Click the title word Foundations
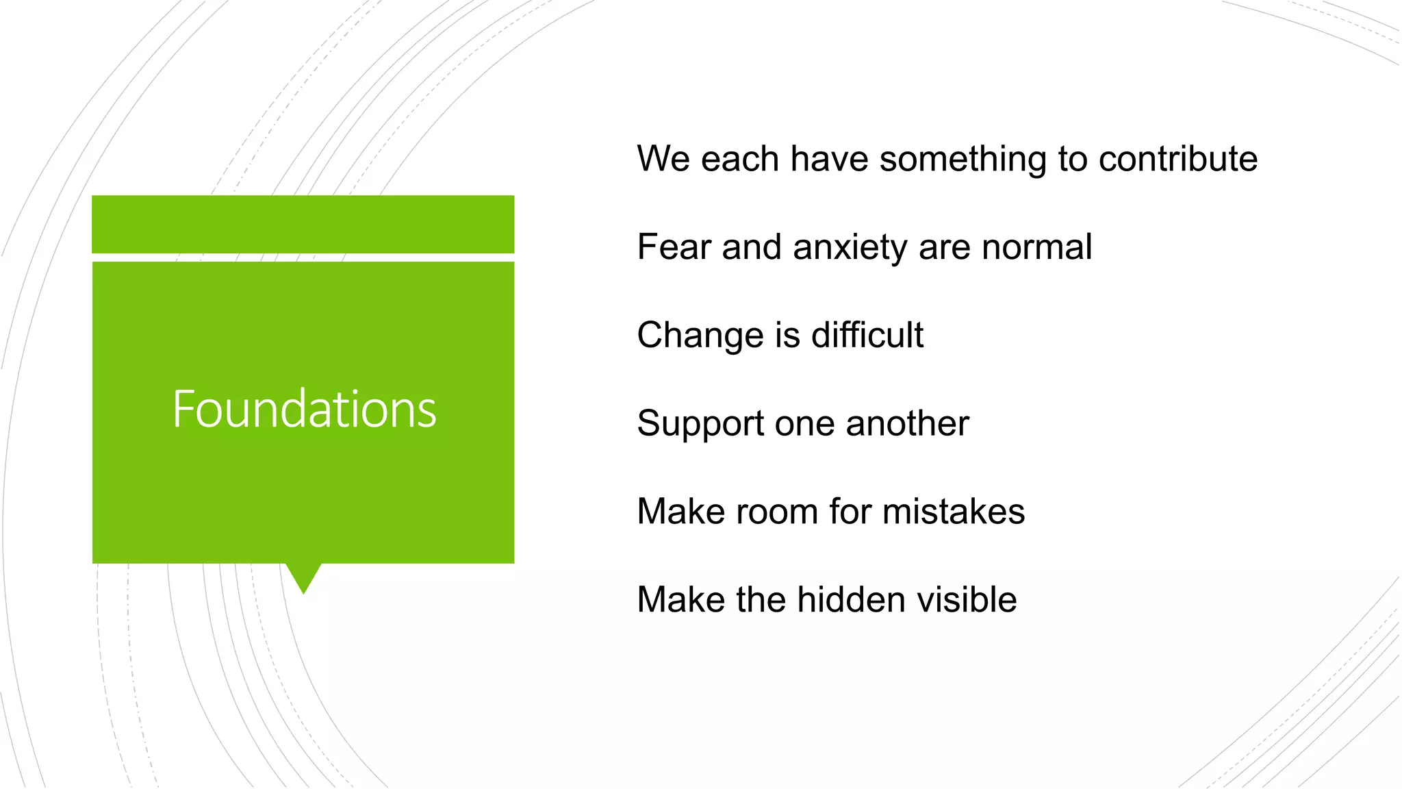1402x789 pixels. tap(304, 410)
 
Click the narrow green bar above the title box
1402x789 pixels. tap(303, 224)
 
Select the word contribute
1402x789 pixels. tap(1178, 159)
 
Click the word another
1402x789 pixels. tap(907, 423)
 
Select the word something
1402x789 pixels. tap(963, 160)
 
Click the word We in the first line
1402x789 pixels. tap(663, 159)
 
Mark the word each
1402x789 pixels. tap(740, 159)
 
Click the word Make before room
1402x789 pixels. tap(680, 512)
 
